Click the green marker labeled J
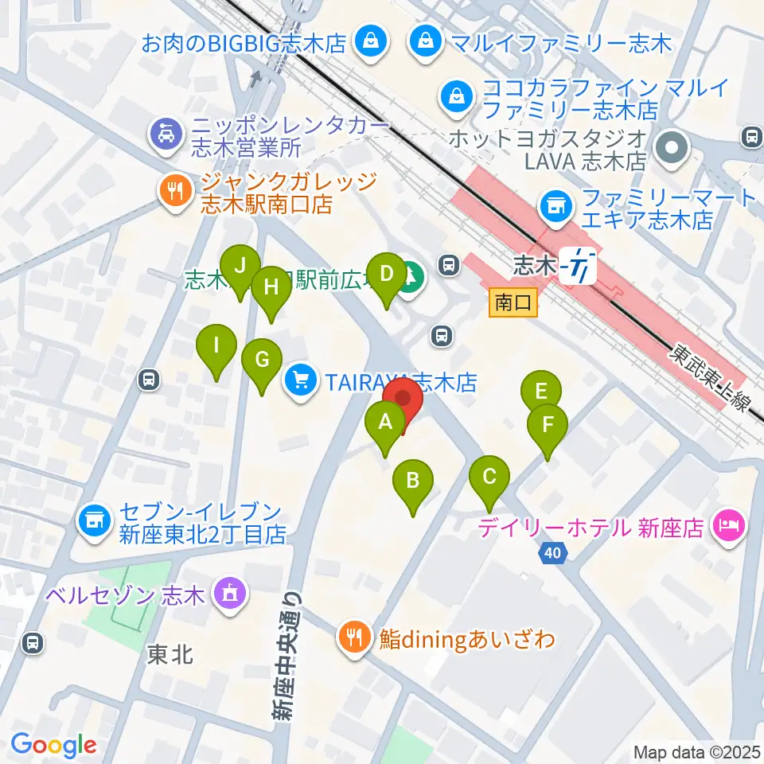point(240,266)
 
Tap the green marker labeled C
point(489,477)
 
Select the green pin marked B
point(412,481)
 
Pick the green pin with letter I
point(216,345)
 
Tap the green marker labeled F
point(548,424)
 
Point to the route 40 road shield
point(553,552)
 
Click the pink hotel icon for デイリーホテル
point(728,525)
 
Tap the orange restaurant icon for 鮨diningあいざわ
point(352,636)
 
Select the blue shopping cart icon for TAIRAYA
point(301,381)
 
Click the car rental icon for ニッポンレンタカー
point(164,133)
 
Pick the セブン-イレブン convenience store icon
point(94,522)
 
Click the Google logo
point(53,745)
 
